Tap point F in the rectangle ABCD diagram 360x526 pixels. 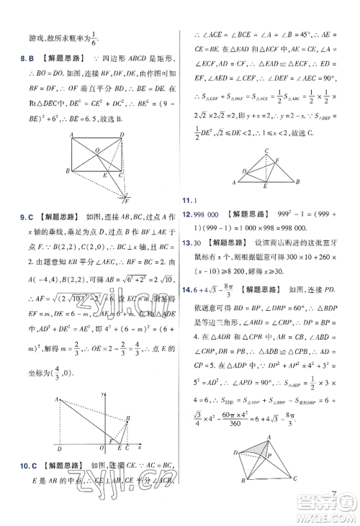click(x=126, y=198)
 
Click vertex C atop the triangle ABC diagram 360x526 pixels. click(x=266, y=150)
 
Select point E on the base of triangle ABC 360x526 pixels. click(x=264, y=186)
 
